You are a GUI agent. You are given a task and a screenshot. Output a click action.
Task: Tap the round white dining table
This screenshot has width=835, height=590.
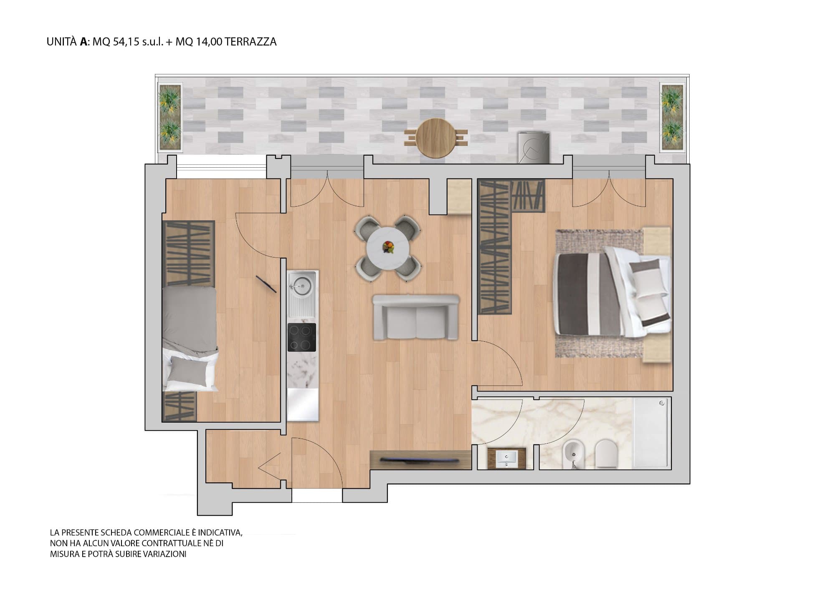(x=388, y=248)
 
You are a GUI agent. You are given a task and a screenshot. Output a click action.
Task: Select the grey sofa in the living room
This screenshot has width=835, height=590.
(x=416, y=317)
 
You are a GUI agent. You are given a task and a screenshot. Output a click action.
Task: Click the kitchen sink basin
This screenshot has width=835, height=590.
(x=301, y=285)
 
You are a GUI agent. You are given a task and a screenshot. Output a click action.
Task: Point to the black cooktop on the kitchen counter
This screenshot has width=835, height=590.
(x=302, y=337)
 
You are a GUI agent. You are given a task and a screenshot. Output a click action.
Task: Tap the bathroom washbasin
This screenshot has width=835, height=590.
(x=507, y=458)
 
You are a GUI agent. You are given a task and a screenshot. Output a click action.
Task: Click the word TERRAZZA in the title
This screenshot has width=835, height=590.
(x=250, y=42)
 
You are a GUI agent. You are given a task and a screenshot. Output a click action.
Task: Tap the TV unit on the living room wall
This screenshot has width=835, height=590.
(x=421, y=460)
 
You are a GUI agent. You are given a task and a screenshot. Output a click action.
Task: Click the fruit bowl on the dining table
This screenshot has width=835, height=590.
(x=389, y=247)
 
